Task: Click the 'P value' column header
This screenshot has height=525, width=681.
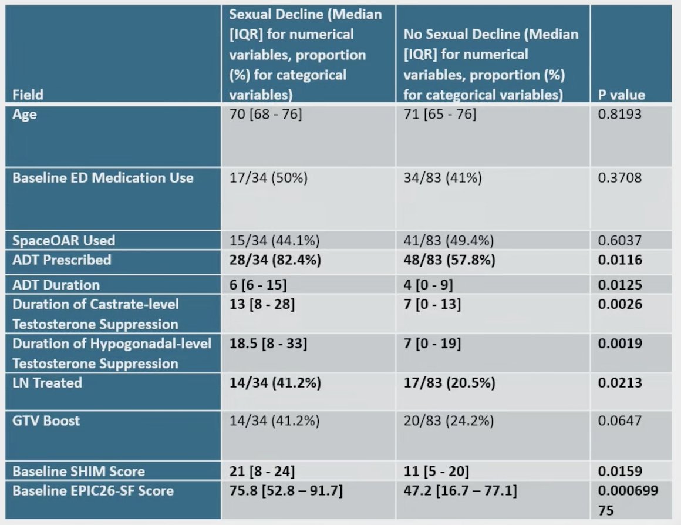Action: [621, 95]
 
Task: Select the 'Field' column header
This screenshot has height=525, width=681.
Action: [28, 95]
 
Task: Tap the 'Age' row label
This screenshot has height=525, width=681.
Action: [24, 115]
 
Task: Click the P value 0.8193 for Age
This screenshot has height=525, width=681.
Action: [620, 114]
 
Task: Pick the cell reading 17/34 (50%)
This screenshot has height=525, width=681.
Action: [268, 178]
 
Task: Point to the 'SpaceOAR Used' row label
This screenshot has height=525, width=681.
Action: [64, 240]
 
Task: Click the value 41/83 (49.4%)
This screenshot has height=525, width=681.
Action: [449, 240]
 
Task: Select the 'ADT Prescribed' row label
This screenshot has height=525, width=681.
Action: [62, 260]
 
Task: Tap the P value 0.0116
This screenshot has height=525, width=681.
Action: [620, 260]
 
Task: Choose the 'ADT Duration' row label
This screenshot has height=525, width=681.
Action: [56, 285]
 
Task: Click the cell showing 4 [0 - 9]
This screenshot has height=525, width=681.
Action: [428, 285]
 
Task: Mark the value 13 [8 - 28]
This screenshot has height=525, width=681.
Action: [262, 304]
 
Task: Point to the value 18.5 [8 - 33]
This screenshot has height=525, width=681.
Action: [268, 344]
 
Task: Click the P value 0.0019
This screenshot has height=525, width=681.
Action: [620, 344]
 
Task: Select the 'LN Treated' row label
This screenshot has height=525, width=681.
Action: [47, 382]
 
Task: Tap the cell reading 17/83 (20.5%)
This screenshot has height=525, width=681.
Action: [450, 382]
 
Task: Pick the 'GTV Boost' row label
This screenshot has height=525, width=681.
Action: [46, 420]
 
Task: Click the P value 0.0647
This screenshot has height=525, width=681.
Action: [620, 420]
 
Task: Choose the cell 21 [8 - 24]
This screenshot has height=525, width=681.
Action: [262, 471]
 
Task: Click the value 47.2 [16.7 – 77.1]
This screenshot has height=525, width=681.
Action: [460, 491]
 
